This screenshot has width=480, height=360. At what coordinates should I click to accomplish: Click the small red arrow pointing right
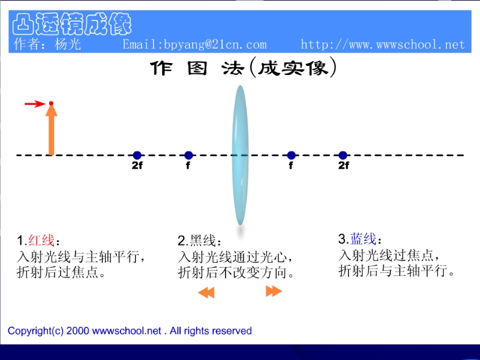[35, 104]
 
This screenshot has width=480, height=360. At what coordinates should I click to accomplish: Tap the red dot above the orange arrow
[51, 103]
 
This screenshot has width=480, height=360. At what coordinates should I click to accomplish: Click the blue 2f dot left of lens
[137, 155]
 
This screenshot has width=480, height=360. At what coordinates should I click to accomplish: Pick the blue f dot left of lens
[188, 155]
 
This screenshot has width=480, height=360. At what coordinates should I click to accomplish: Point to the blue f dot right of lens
[292, 155]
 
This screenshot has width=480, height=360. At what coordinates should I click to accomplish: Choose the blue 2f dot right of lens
[343, 155]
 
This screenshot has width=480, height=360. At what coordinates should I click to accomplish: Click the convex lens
[240, 155]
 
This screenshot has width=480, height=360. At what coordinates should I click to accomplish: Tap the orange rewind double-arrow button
[206, 292]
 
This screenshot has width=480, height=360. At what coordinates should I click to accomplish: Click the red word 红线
[41, 240]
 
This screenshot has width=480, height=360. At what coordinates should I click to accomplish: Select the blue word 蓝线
[363, 239]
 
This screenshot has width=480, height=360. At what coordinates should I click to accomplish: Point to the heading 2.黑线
[199, 241]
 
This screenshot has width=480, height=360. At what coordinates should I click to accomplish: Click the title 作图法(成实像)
[244, 68]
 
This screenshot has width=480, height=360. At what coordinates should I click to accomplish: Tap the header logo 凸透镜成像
[72, 24]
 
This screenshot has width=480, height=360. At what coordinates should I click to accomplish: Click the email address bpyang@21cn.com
[215, 44]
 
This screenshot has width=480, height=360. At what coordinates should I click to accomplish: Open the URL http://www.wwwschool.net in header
[383, 44]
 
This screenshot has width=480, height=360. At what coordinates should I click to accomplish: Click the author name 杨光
[68, 44]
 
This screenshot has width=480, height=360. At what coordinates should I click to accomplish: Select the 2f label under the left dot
[137, 166]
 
